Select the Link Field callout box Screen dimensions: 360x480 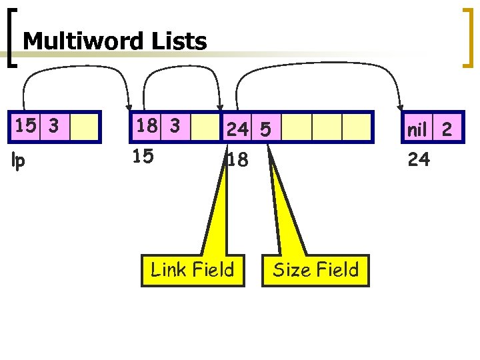(192, 270)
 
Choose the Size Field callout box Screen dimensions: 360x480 (315, 270)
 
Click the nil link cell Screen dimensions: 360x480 (416, 128)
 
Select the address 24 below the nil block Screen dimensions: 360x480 (418, 159)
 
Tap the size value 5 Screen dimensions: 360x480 (265, 129)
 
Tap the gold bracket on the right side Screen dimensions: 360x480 (467, 37)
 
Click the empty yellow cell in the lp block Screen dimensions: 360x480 (85, 127)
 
